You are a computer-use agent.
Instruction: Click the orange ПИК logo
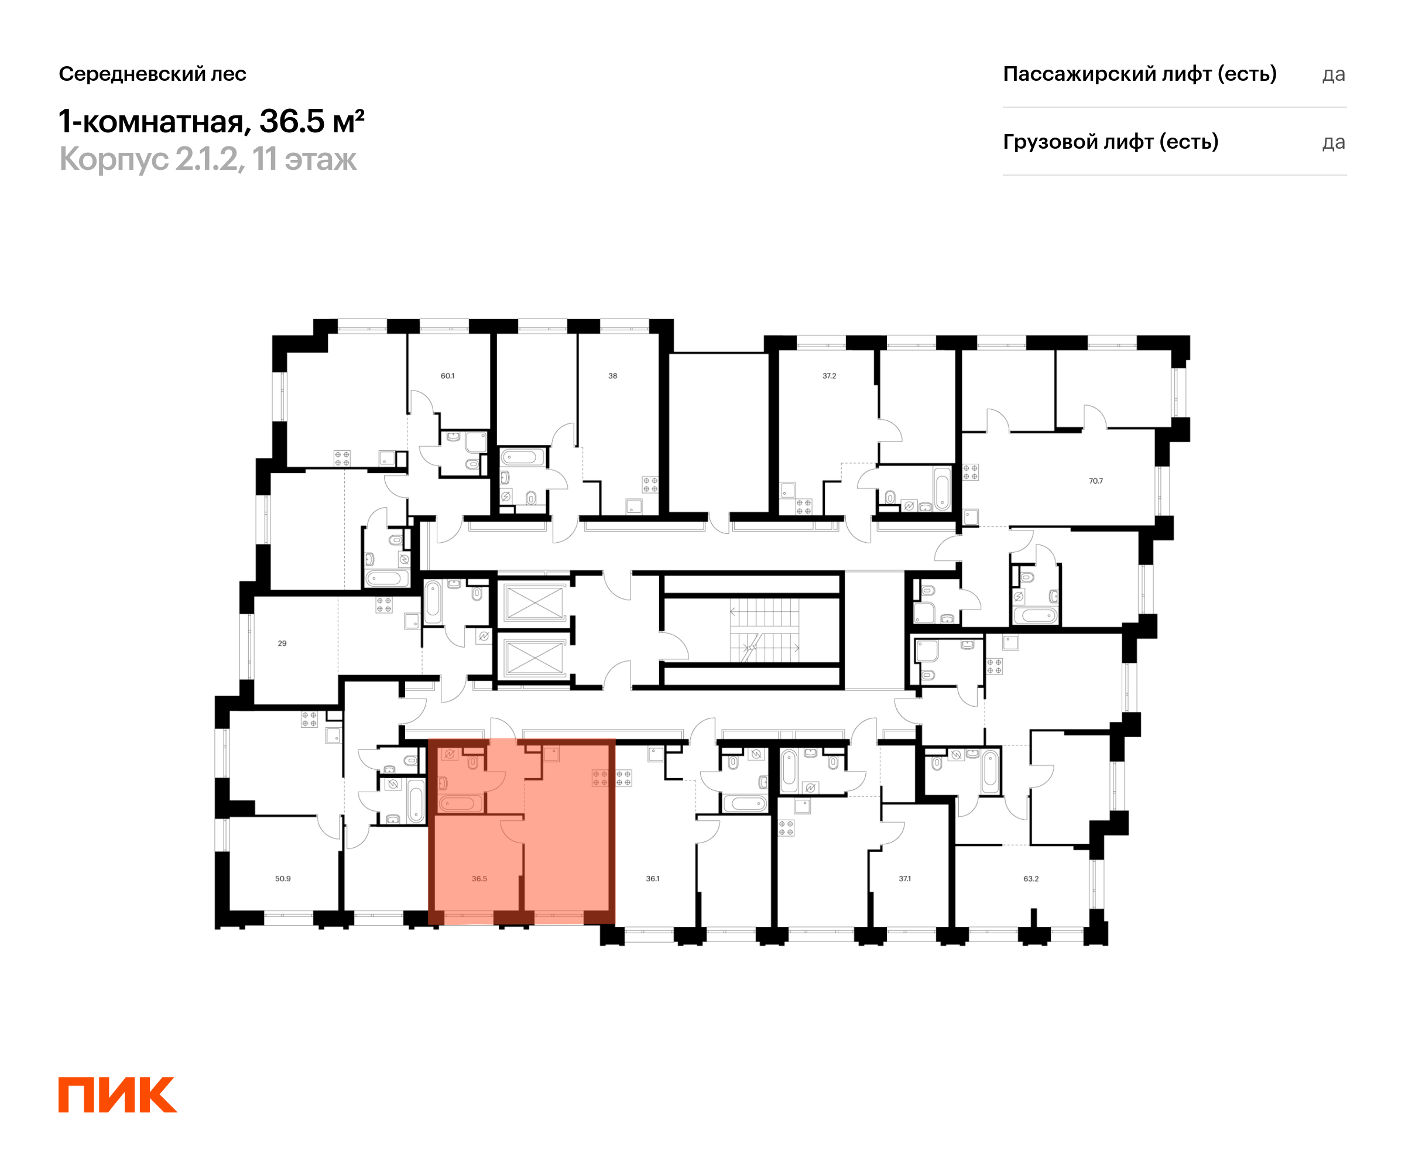click(x=118, y=1095)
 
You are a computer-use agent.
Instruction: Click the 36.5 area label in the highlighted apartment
click(x=479, y=879)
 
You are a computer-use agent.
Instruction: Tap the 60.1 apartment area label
click(x=448, y=376)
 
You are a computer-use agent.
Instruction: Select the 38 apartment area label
click(x=613, y=376)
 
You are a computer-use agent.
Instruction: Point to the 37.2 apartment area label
click(x=830, y=376)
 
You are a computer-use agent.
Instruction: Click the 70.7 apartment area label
click(x=1096, y=481)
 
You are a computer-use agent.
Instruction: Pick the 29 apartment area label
click(x=282, y=643)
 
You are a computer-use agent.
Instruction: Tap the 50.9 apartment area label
click(x=283, y=879)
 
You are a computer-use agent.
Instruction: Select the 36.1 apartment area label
click(x=653, y=879)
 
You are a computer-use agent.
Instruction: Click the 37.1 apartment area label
click(x=905, y=879)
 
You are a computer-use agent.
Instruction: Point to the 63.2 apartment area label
click(x=1031, y=879)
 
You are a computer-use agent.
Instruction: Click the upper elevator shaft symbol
click(x=535, y=603)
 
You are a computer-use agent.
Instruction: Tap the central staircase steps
click(x=764, y=629)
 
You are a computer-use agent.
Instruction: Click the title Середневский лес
click(x=153, y=74)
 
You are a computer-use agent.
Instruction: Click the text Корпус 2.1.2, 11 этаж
click(x=208, y=159)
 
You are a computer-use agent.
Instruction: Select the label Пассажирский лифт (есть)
click(x=1140, y=74)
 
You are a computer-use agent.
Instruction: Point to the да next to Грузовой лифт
click(x=1334, y=142)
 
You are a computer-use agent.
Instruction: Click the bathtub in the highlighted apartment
click(x=460, y=803)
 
